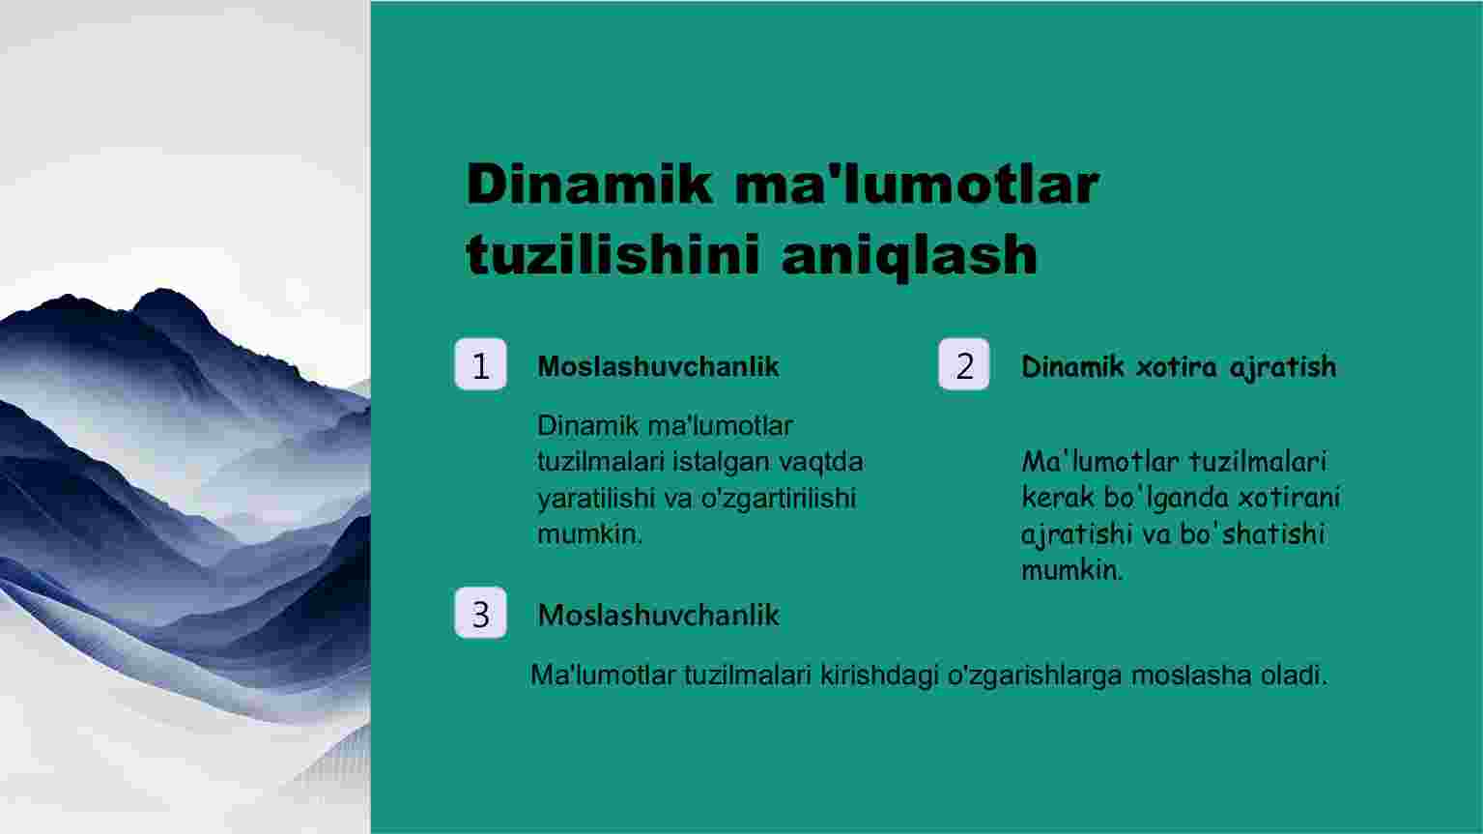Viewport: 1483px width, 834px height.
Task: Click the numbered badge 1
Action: pos(481,364)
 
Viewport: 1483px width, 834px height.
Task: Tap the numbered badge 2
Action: pos(964,364)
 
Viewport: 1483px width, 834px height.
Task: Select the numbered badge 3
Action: pos(481,613)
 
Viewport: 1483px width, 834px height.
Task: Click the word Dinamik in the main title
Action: pos(589,185)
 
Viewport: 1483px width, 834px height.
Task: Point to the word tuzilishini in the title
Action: pos(613,254)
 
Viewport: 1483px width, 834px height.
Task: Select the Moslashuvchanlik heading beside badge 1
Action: pos(658,366)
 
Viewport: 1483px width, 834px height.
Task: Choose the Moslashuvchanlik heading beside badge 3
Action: pos(658,616)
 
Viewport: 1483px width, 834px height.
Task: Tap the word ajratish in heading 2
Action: pos(1283,367)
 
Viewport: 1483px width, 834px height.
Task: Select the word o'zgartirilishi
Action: pos(779,499)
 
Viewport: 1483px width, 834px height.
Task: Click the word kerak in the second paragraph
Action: pos(1058,498)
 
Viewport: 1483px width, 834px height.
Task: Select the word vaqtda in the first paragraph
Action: pos(821,462)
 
